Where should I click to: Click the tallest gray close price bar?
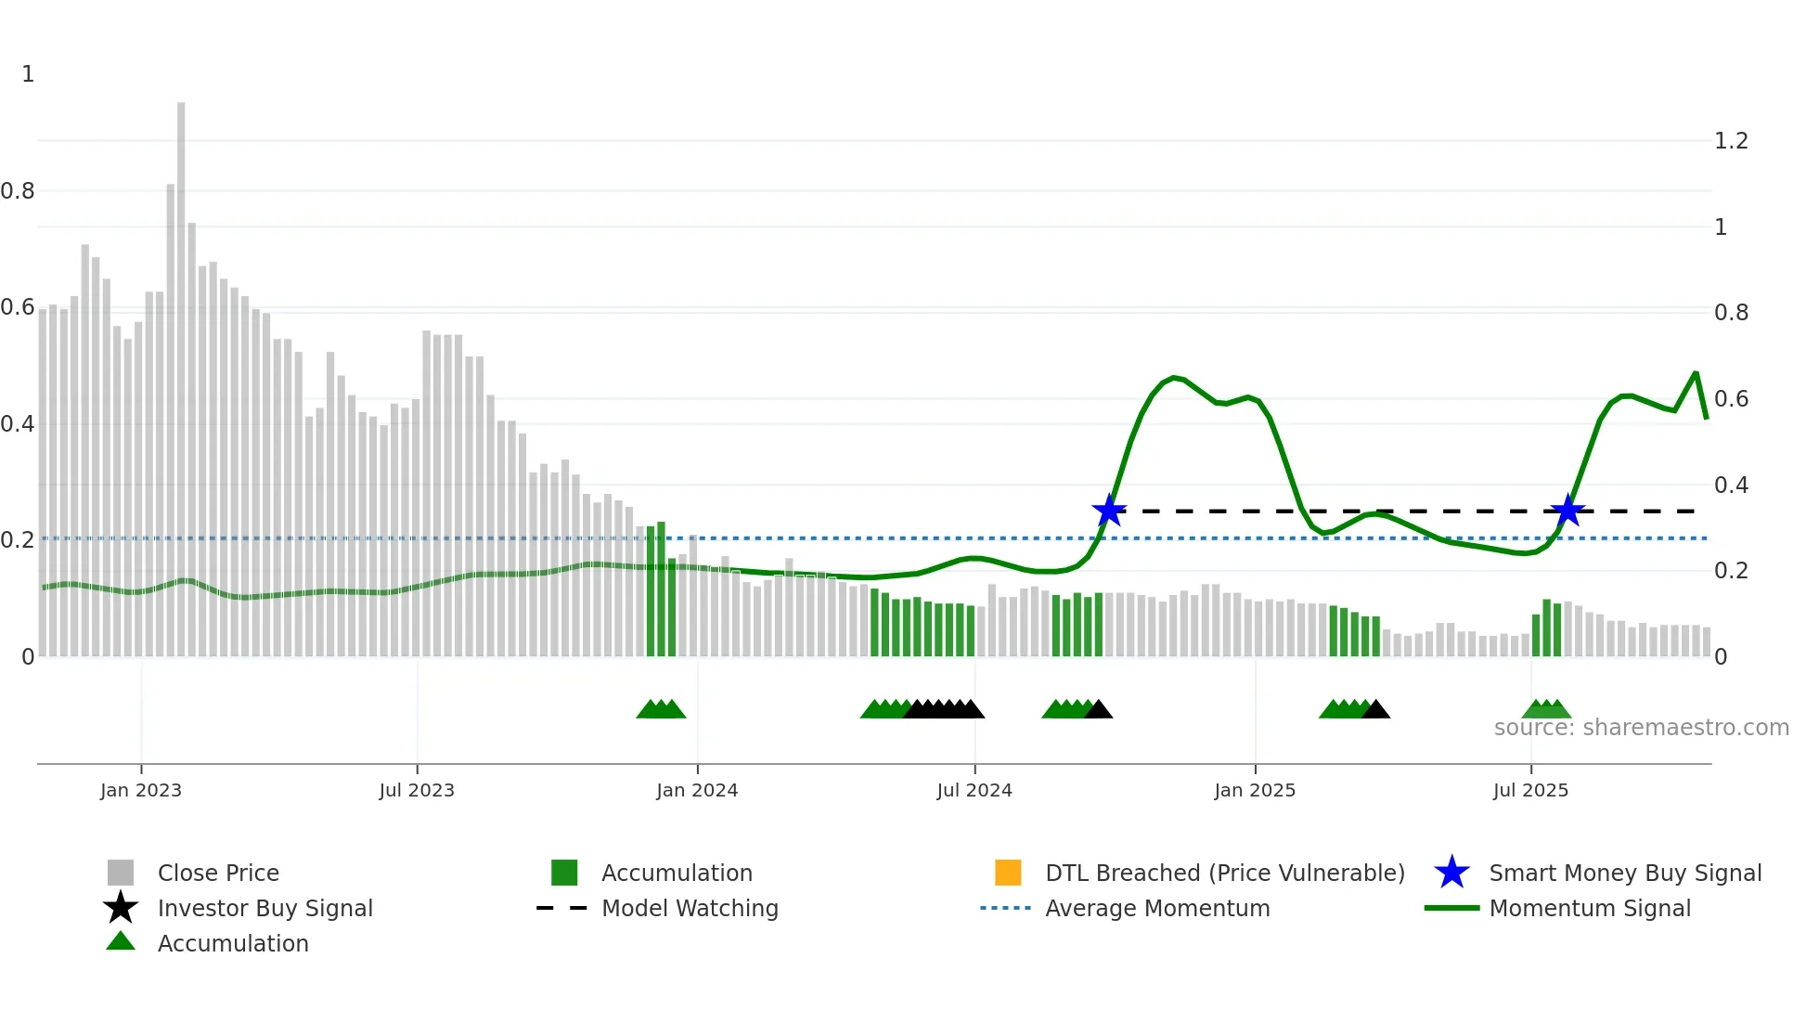tap(181, 371)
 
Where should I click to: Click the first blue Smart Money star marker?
tap(1109, 511)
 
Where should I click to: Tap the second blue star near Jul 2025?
tap(1567, 511)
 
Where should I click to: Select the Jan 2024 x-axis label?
tap(697, 790)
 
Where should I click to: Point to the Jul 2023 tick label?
tap(417, 790)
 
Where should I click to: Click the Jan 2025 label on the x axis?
tap(1255, 790)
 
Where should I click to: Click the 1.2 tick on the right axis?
tap(1731, 141)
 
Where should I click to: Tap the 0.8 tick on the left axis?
tap(18, 191)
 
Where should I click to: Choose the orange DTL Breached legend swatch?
tap(1008, 873)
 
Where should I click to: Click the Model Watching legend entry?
tap(690, 908)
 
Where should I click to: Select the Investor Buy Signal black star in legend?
tap(121, 908)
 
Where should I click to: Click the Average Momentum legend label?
tap(1156, 908)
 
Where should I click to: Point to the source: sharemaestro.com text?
tap(1641, 728)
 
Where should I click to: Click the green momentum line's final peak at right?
tap(1696, 374)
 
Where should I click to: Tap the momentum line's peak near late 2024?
tap(1175, 377)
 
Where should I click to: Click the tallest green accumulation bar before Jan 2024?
tap(661, 589)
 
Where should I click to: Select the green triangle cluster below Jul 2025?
tap(1547, 709)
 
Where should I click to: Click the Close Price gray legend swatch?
tap(121, 873)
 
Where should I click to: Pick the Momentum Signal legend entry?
tap(1589, 908)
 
